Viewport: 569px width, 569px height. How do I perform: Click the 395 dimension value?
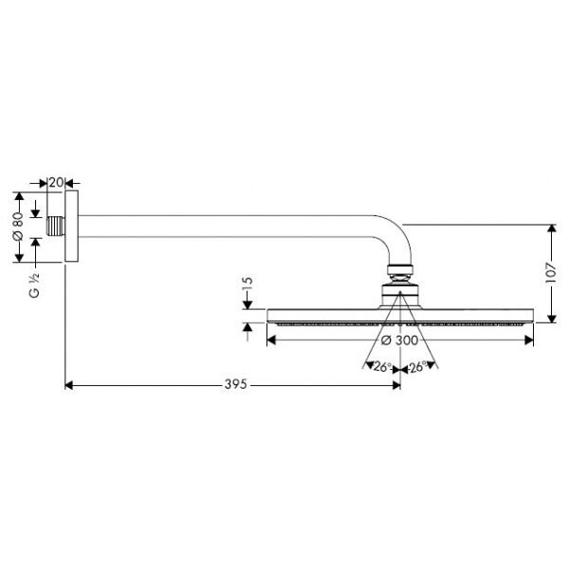pos(235,384)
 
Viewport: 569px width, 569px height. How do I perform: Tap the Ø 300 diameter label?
pos(400,340)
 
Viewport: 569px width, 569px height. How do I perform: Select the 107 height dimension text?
pos(550,273)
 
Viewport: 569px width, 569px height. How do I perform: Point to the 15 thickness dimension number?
pos(248,284)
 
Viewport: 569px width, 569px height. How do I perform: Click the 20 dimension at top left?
pos(56,182)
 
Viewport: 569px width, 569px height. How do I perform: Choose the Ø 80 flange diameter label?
pos(18,227)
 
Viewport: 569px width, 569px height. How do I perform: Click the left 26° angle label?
pos(381,367)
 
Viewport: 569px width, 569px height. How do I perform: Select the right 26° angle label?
pos(418,367)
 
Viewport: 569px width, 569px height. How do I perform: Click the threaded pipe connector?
pos(56,227)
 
